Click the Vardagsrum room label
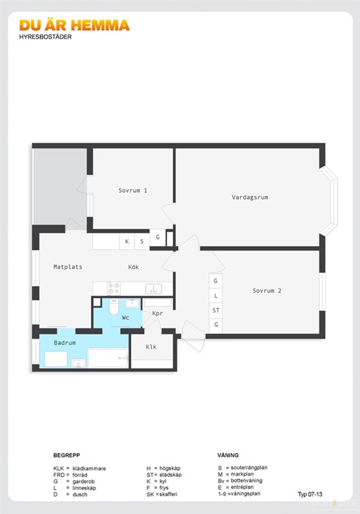click(x=250, y=197)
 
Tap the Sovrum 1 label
click(x=133, y=190)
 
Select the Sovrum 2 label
click(x=267, y=290)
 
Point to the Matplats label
click(x=68, y=267)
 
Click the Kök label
click(x=134, y=267)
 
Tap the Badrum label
click(x=64, y=342)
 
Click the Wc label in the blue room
click(x=125, y=317)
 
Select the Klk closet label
click(x=151, y=346)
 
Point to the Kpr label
click(x=157, y=313)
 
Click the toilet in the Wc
click(x=114, y=306)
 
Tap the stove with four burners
click(x=114, y=288)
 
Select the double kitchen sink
click(x=154, y=288)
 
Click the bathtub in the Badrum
click(x=108, y=359)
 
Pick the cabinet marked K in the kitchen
click(x=127, y=242)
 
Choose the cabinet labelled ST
click(x=216, y=310)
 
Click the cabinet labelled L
click(x=216, y=296)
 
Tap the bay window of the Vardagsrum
click(x=330, y=200)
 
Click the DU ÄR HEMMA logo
click(x=75, y=26)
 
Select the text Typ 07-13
click(x=310, y=494)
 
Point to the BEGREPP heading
click(x=67, y=456)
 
